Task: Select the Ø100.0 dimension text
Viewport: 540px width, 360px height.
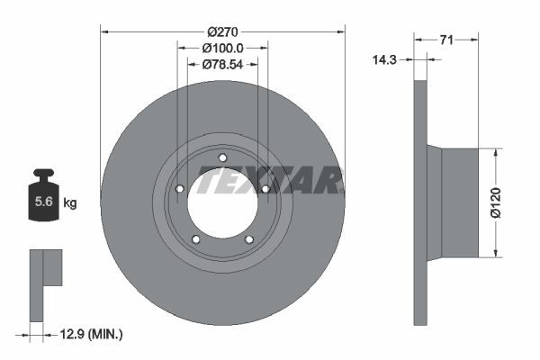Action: click(221, 48)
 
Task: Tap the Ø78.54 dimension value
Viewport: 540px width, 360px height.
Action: click(221, 64)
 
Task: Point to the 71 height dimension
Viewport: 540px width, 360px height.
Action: click(446, 39)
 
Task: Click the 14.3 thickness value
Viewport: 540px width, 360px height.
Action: click(386, 59)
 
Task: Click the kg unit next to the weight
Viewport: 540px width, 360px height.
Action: click(69, 203)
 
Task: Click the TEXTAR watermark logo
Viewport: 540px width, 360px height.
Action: click(270, 182)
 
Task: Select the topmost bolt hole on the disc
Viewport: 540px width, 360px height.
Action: click(222, 158)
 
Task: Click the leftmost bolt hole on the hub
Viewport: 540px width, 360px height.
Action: click(179, 189)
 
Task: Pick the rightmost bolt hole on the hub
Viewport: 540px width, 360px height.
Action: click(265, 189)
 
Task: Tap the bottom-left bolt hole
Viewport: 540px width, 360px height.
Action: click(196, 239)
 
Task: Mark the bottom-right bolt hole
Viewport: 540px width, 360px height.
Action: click(249, 239)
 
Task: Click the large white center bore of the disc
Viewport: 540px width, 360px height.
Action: click(222, 203)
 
